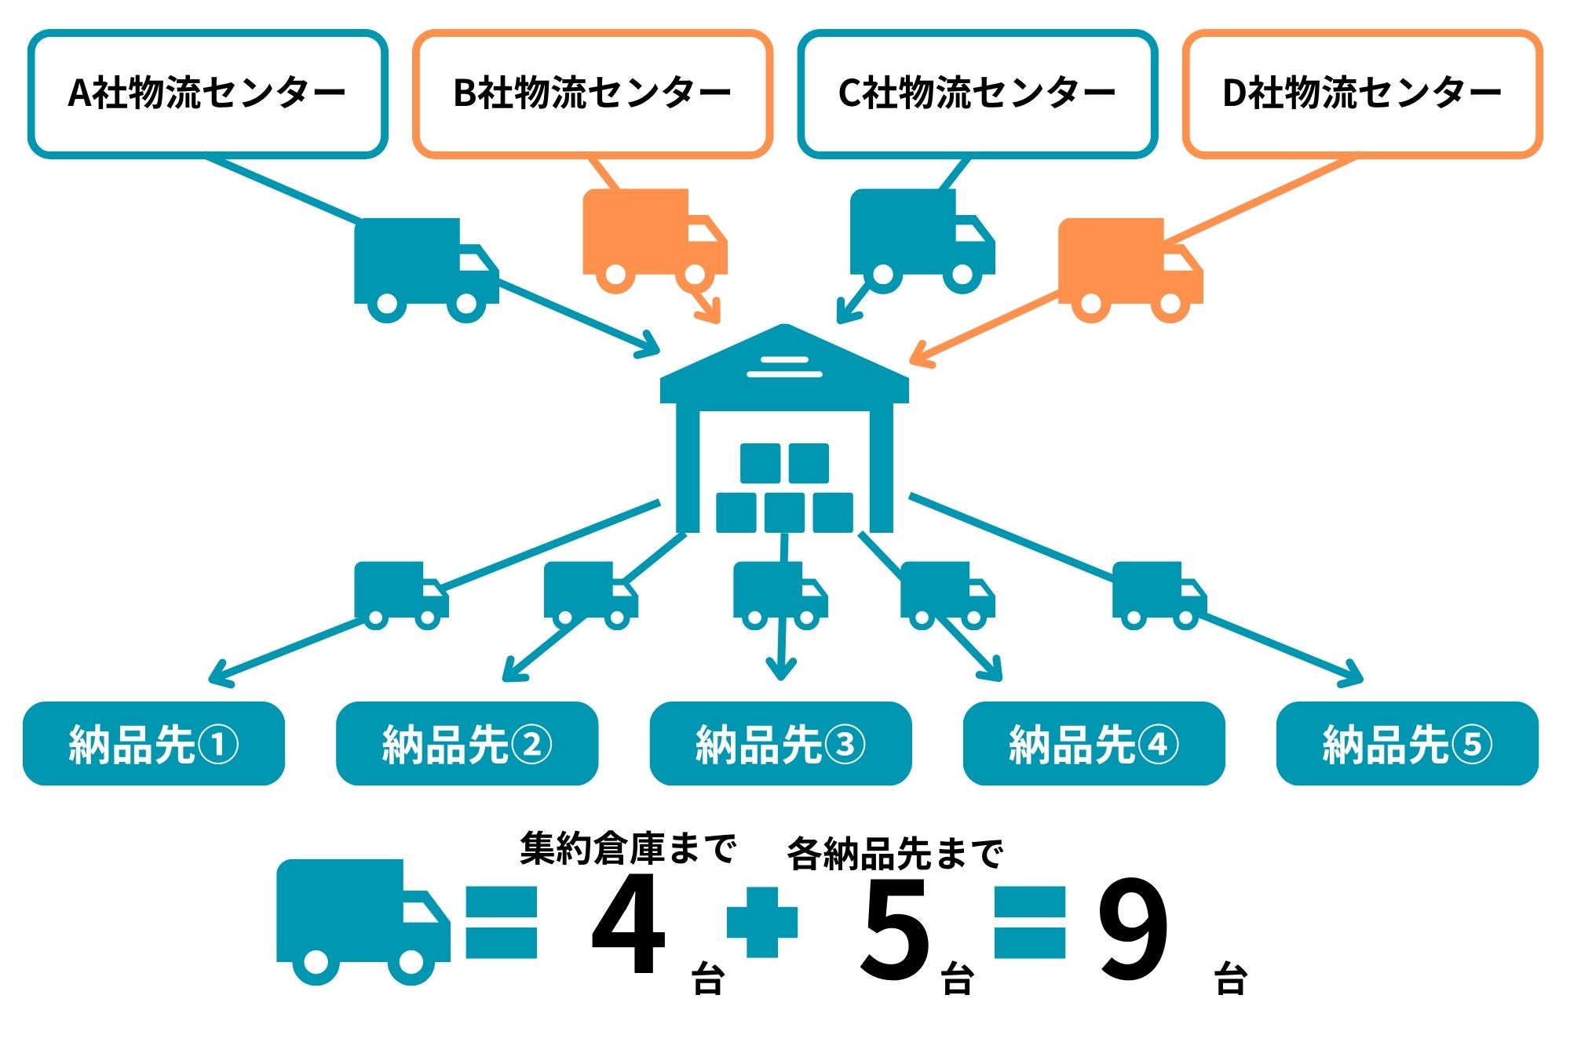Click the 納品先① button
click(x=154, y=743)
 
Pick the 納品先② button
click(x=467, y=743)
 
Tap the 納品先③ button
click(x=780, y=743)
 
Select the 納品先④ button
click(x=1094, y=743)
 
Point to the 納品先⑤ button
click(x=1407, y=743)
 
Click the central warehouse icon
click(x=784, y=432)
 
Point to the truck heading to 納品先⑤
click(x=1158, y=595)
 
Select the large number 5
click(x=896, y=930)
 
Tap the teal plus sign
click(x=761, y=922)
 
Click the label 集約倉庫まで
click(x=627, y=848)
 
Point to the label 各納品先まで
click(x=895, y=854)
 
